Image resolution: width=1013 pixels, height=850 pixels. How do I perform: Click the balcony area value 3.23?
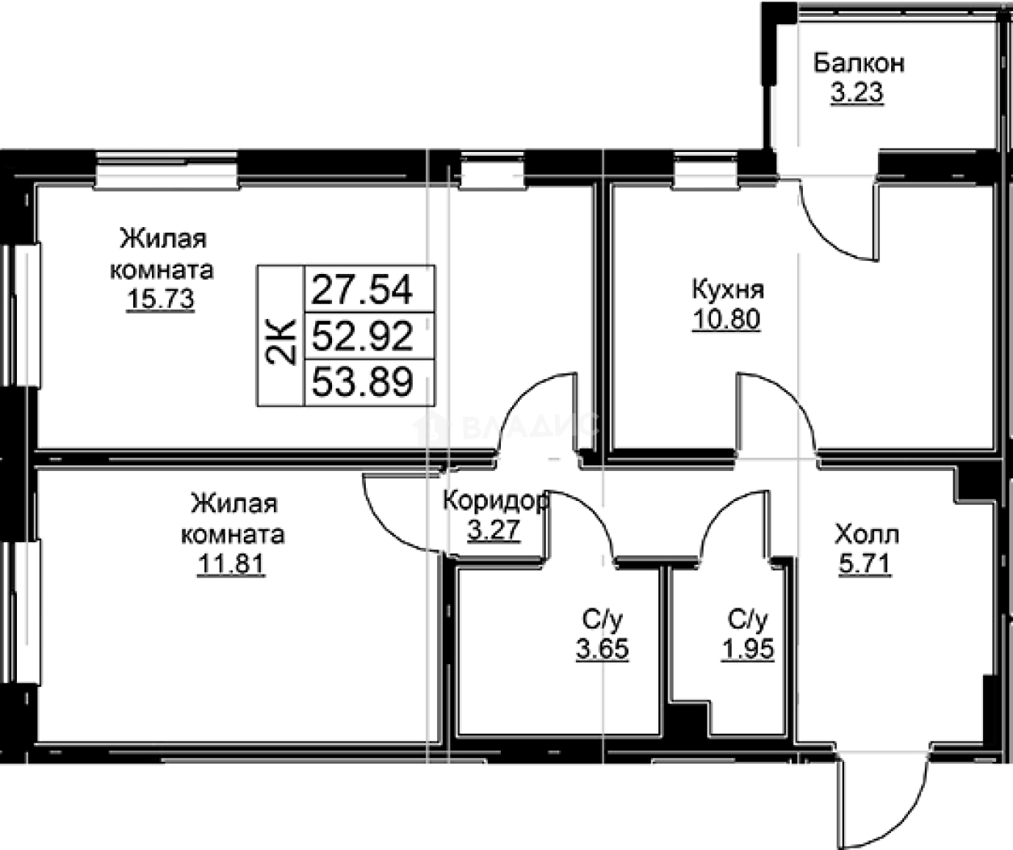tap(857, 93)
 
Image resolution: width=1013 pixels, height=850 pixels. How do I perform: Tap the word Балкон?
tap(859, 62)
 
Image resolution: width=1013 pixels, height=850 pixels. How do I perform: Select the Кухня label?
tap(727, 288)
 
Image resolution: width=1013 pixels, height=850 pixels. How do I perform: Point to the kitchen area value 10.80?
tap(726, 319)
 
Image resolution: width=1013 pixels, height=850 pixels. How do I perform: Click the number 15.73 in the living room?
tap(160, 299)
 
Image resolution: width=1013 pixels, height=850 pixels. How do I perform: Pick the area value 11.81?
tap(231, 563)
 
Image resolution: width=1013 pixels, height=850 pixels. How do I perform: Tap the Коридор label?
tap(495, 501)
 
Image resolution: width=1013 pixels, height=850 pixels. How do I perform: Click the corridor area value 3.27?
tap(494, 531)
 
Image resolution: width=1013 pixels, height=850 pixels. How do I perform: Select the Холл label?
tap(866, 534)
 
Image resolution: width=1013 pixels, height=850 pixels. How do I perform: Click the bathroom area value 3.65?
tap(602, 648)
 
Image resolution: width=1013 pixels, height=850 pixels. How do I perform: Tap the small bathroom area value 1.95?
tap(747, 648)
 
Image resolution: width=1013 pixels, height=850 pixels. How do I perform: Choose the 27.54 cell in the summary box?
tap(362, 288)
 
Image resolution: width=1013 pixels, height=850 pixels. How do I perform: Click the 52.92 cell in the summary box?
tap(362, 335)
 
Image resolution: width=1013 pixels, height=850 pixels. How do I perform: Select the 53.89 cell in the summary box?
tap(362, 381)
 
